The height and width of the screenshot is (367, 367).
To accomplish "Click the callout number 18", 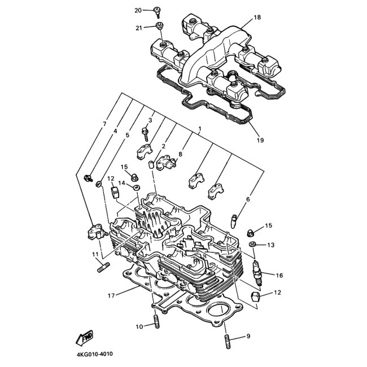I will click(x=257, y=18).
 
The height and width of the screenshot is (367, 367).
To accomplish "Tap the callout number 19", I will click(x=260, y=140).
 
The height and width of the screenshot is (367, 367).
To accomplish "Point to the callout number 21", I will click(x=138, y=28).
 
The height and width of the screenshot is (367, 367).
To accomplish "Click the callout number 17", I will click(x=111, y=295).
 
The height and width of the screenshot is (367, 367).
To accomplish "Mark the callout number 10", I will click(x=139, y=326).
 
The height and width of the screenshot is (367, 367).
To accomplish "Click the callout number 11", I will click(x=95, y=255).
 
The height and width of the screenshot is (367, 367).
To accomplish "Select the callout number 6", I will click(x=247, y=199).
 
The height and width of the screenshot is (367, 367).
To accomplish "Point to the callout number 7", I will click(x=104, y=124).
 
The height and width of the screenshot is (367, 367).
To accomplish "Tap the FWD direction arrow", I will click(x=85, y=338).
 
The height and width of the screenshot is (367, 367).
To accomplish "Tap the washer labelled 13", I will click(x=252, y=244).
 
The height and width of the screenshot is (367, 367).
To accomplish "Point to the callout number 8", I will click(x=181, y=154).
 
